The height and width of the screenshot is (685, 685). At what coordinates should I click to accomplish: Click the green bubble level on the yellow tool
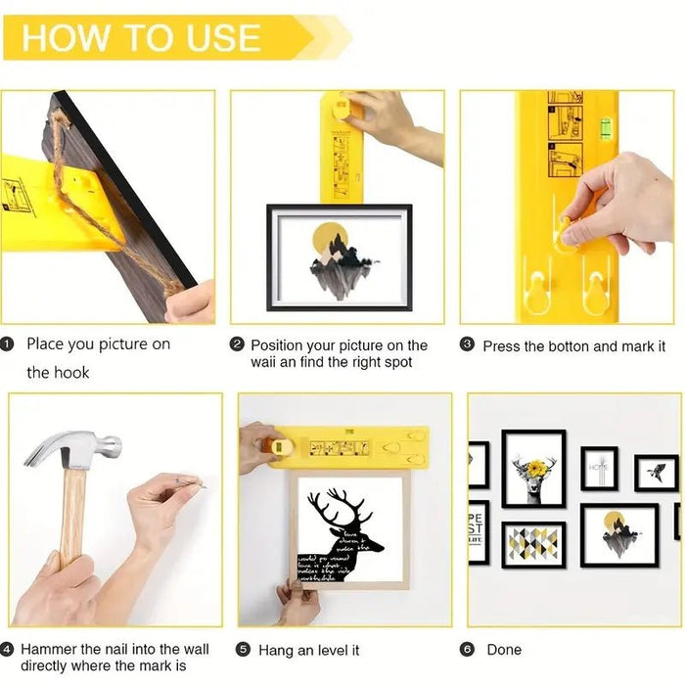(605, 123)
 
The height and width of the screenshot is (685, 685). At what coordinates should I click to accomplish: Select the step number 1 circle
(9, 344)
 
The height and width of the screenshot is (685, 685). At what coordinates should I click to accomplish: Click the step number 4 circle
(8, 650)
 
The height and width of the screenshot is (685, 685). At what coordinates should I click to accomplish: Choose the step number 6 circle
(468, 650)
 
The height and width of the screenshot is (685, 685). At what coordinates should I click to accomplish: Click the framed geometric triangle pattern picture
(533, 543)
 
